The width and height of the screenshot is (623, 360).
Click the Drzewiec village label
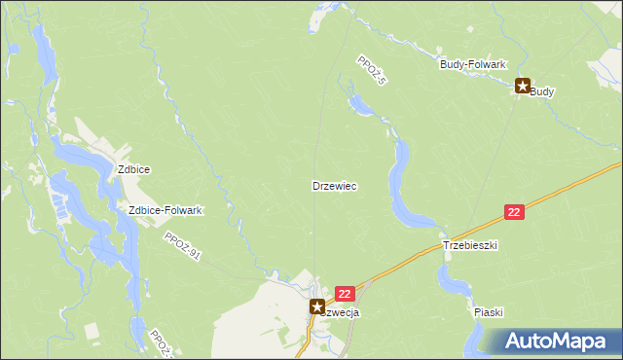(x=340, y=185)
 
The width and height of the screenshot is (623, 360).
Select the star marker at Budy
(x=523, y=87)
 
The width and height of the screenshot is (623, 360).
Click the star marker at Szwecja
(x=317, y=306)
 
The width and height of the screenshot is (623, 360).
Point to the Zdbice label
(x=133, y=168)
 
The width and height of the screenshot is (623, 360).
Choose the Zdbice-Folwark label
(x=165, y=210)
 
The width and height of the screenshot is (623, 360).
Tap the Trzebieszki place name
(x=470, y=246)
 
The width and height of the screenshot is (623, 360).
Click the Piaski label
(x=488, y=312)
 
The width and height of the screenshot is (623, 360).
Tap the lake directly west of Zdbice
(x=73, y=156)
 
